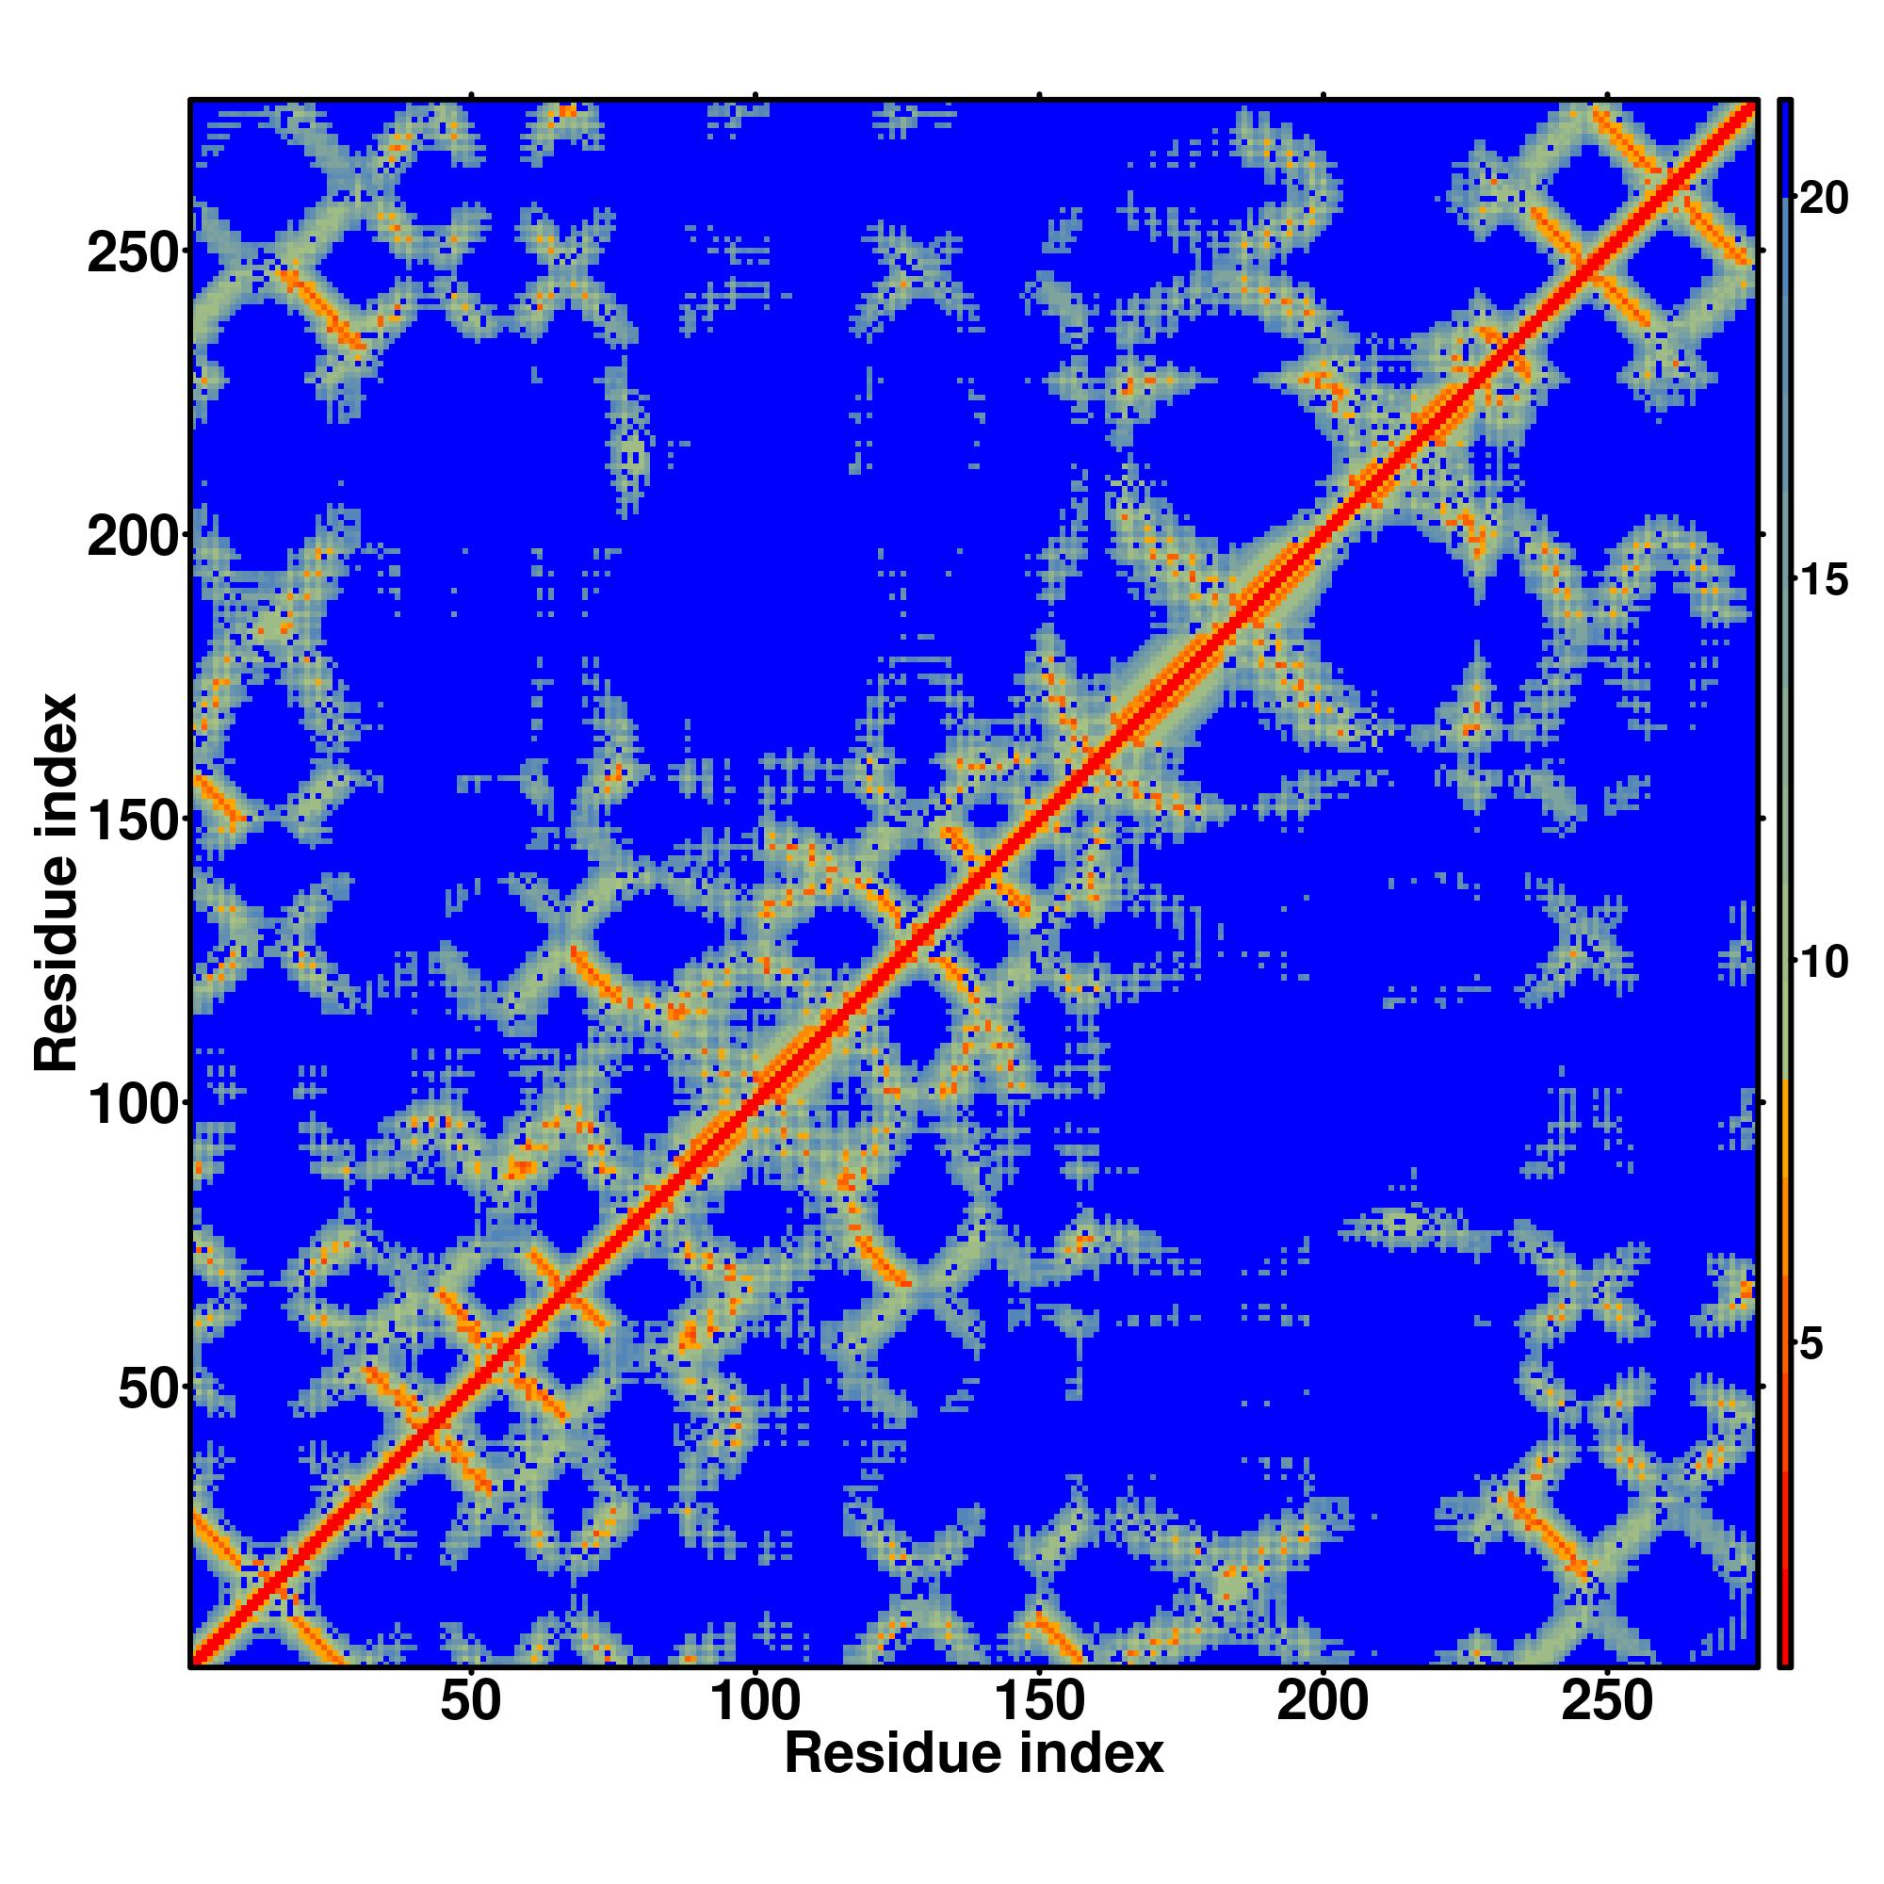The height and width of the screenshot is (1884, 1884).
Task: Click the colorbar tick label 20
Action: (x=1823, y=199)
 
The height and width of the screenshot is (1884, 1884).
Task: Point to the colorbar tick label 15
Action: (x=1823, y=581)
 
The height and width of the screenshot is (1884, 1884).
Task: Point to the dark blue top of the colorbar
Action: (x=1784, y=146)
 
